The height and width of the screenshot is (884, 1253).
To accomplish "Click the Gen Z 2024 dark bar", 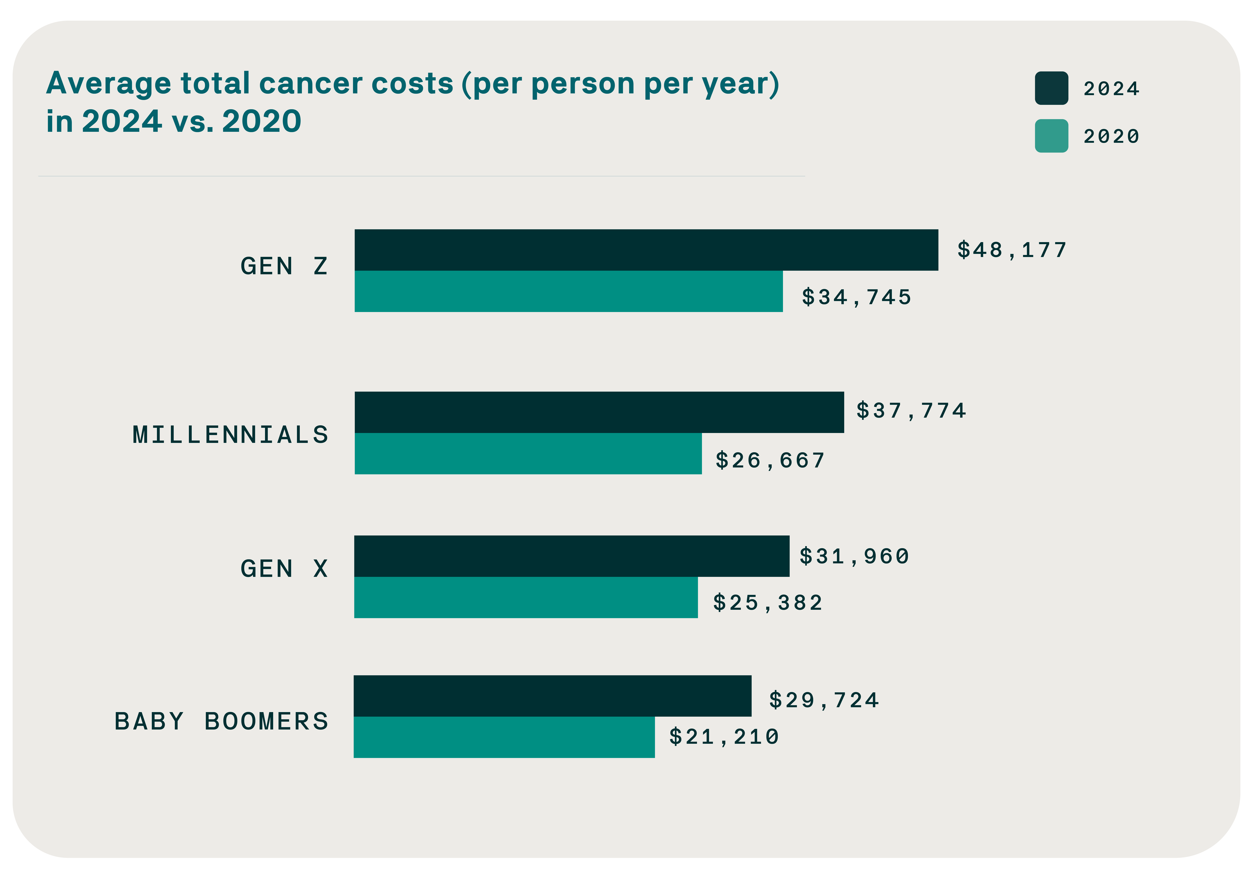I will [646, 250].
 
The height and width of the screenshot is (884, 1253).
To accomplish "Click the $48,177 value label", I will [1012, 250].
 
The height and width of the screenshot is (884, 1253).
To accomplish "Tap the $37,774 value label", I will [911, 411].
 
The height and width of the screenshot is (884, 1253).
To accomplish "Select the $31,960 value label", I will [854, 556].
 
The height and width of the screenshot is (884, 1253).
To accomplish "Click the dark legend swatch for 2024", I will [1051, 88].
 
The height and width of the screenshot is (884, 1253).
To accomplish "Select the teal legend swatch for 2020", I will [1051, 136].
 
